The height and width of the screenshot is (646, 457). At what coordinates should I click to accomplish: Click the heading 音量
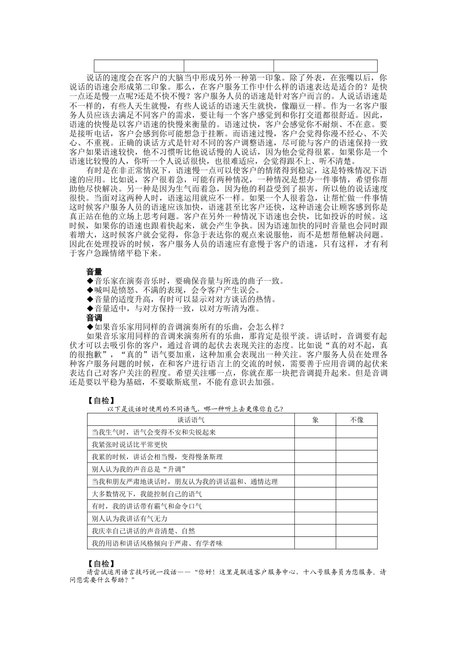pos(94,272)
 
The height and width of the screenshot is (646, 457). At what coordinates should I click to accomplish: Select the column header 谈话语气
pos(191,420)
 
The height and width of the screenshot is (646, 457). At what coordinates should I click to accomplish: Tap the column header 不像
pos(356,420)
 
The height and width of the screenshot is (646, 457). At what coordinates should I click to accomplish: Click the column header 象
pos(316,420)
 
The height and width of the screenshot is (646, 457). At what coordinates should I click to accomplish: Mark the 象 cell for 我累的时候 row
pos(316,457)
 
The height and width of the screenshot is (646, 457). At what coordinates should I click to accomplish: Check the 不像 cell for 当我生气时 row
pos(356,432)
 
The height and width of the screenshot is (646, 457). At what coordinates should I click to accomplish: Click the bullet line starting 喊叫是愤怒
pos(173,290)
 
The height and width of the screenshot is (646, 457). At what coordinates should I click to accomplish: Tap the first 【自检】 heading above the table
pos(101,400)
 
